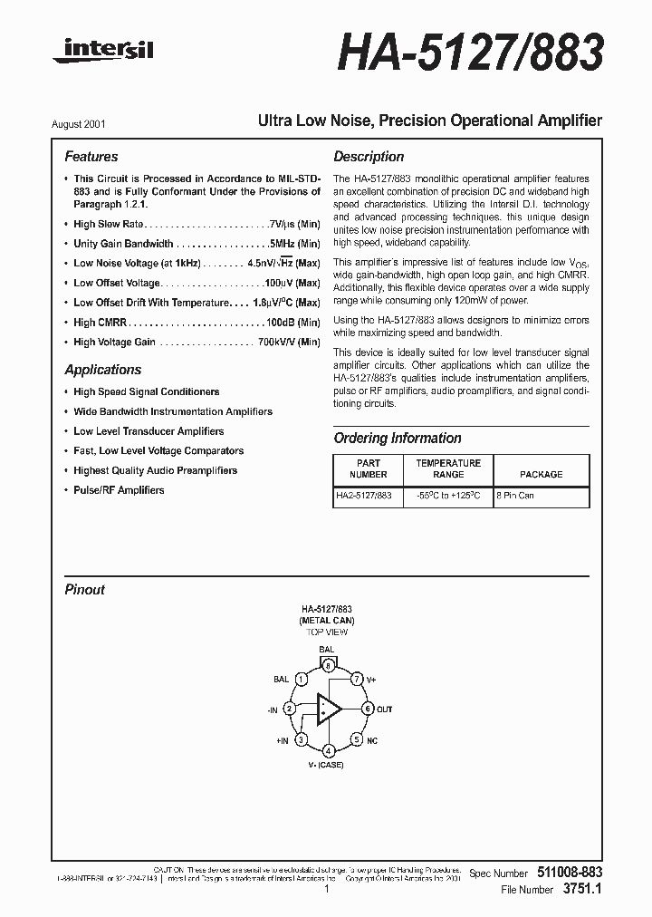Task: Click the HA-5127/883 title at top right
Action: (470, 53)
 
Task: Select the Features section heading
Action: (91, 157)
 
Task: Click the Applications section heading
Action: (103, 370)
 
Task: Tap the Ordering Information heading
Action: (398, 438)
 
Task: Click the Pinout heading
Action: (84, 590)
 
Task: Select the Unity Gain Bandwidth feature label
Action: (123, 244)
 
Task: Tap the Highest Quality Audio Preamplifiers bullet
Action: (155, 470)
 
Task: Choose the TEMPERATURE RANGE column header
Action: (448, 468)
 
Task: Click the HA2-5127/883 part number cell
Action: (363, 496)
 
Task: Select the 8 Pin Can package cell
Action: (514, 496)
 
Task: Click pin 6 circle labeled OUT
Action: (368, 708)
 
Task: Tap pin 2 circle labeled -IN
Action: (289, 708)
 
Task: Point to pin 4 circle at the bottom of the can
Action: (328, 750)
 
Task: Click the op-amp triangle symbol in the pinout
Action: (328, 709)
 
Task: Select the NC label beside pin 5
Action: (371, 739)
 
